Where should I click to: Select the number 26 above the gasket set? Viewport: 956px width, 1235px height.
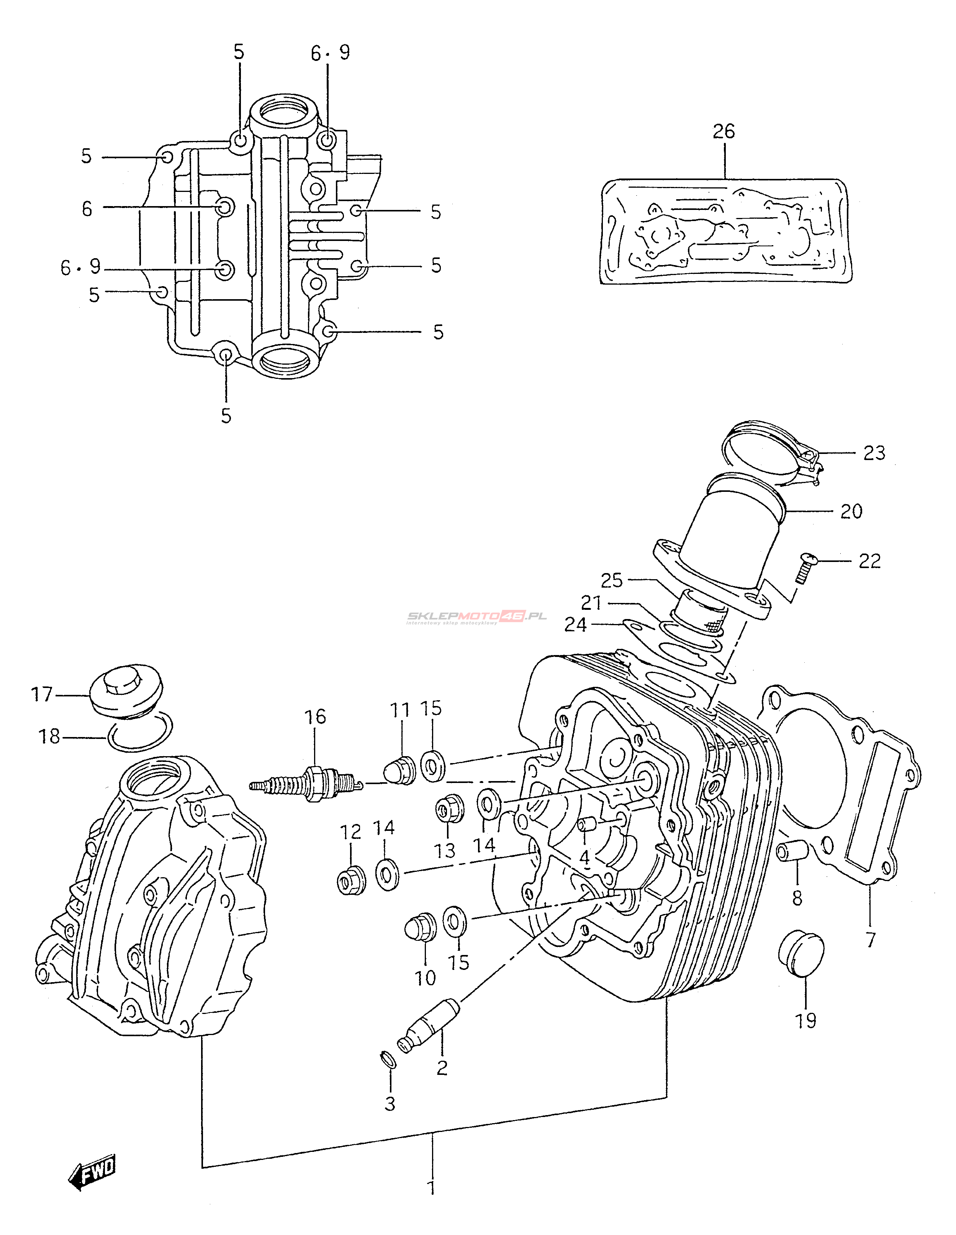coord(723,132)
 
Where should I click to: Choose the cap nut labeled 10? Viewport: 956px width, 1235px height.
coord(421,929)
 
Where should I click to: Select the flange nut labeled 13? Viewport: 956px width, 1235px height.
coord(449,810)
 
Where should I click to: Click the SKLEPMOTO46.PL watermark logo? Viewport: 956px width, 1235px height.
coord(476,617)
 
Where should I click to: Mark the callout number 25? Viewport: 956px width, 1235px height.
coord(611,580)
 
